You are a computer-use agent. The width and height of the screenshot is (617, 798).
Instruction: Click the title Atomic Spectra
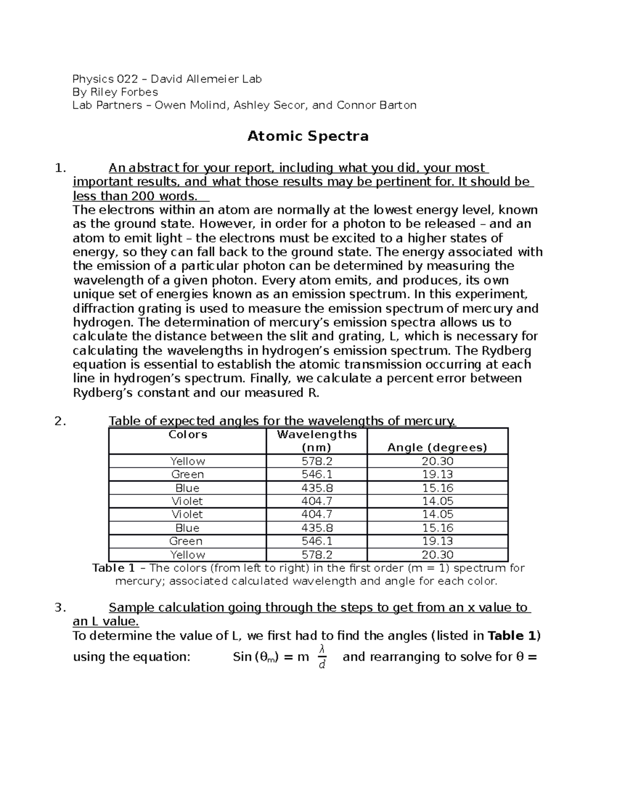coord(308,136)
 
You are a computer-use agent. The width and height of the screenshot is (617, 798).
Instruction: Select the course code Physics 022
coord(105,79)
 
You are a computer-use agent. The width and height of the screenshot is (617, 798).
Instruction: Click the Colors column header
coord(188,435)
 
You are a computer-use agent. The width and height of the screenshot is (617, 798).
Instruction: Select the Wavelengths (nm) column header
coord(316,441)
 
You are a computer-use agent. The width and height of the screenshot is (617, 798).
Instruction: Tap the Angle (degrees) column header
coord(437,448)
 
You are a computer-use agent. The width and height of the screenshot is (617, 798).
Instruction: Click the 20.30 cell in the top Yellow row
coord(437,461)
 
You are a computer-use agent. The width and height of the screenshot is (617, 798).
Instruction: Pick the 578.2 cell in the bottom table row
coord(316,555)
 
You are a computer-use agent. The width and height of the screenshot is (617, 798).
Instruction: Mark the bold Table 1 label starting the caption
coord(114,568)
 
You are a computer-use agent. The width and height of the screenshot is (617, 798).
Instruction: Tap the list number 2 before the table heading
coord(60,421)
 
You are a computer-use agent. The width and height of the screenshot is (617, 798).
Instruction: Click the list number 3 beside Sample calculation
coord(60,608)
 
